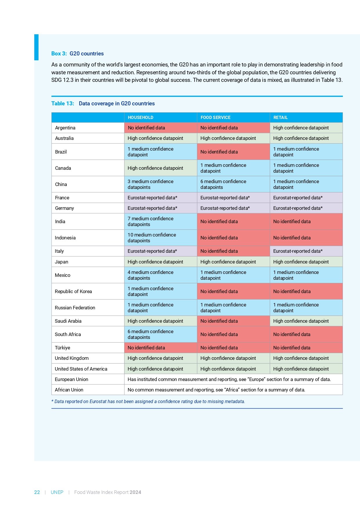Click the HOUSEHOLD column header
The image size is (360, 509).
[x=140, y=118]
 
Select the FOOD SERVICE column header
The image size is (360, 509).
[x=215, y=118]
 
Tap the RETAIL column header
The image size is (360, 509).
[x=280, y=118]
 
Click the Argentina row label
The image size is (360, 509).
[x=65, y=128]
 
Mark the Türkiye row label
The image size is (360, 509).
[x=63, y=348]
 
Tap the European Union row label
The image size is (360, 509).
[x=72, y=379]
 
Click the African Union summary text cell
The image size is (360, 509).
[x=216, y=390]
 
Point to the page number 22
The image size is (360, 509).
[x=37, y=492]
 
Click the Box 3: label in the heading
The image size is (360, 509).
[x=59, y=54]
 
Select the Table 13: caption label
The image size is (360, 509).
[x=63, y=104]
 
